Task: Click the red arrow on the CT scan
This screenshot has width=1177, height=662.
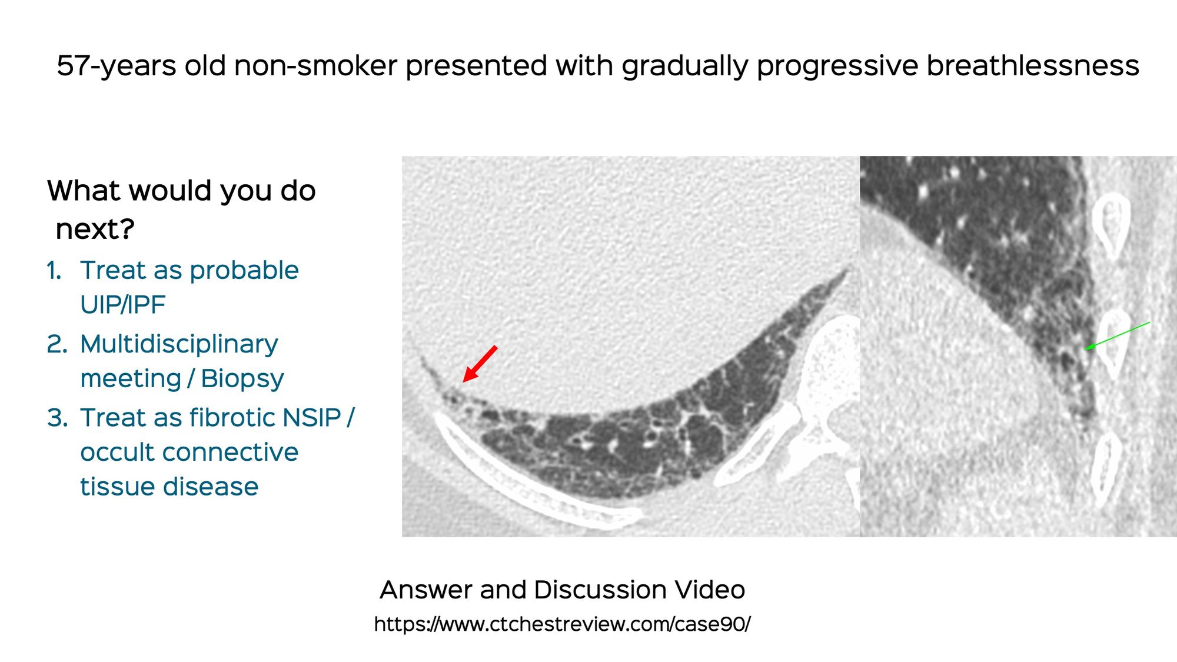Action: (480, 364)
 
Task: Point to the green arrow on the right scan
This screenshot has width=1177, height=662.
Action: (1117, 335)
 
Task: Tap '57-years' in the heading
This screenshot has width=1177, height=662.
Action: (116, 66)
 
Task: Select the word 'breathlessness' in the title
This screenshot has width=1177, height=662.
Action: (1033, 65)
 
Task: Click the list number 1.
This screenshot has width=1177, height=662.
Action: (54, 271)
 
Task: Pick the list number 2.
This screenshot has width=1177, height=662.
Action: (57, 344)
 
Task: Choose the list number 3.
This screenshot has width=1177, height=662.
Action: (57, 418)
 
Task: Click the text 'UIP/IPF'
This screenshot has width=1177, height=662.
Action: (122, 305)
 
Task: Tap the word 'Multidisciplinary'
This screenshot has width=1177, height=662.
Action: (179, 344)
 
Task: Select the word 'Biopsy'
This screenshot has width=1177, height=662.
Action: (242, 379)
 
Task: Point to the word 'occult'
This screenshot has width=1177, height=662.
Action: (119, 452)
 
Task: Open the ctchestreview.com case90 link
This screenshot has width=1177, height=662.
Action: (562, 624)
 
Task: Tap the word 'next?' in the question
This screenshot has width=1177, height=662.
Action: (95, 229)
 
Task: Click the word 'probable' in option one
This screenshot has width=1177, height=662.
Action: (244, 271)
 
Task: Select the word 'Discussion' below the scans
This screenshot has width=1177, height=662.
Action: (601, 590)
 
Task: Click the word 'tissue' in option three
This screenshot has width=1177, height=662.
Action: (116, 487)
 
